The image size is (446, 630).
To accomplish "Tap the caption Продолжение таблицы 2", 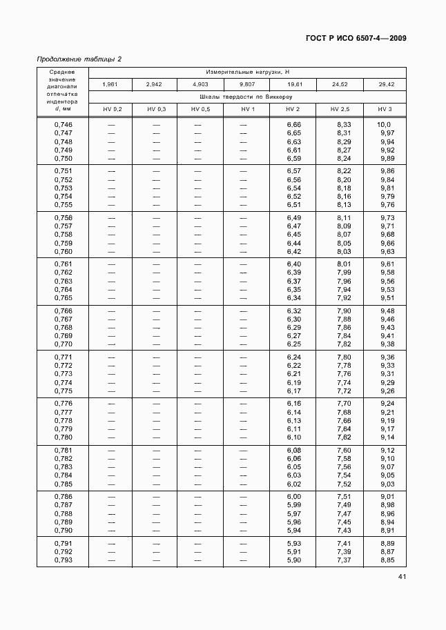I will pos(79,59).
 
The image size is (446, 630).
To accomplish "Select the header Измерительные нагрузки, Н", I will pos(246,72).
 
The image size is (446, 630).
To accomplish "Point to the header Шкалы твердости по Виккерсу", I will pos(246,97).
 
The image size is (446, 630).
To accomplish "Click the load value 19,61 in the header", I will pos(293,84).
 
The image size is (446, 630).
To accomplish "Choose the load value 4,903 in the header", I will pos(200,84).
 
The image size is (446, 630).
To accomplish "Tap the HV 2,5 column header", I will pos(340,110).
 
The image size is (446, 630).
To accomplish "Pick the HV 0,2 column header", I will pos(112,110).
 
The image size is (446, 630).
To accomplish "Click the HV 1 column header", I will pos(248,110).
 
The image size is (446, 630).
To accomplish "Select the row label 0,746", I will pos(63,124).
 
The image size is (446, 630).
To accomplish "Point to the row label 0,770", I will pos(63,344).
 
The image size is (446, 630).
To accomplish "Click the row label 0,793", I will pos(63,560).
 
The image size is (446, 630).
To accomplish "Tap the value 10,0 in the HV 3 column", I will pos(385,124).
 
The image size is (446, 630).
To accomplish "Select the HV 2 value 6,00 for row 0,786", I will pos(294,497).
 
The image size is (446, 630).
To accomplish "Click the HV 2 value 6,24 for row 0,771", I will pos(294,357).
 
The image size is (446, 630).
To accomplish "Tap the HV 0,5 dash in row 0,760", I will pos(200,252).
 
